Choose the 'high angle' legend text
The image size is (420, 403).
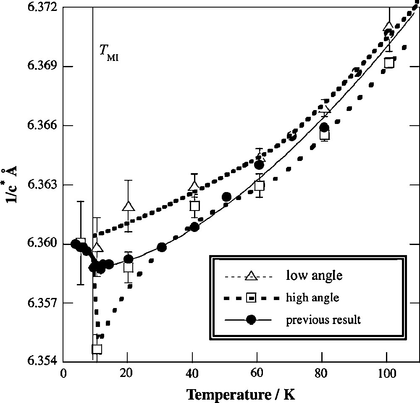(312, 298)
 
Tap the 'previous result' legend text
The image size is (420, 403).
(323, 320)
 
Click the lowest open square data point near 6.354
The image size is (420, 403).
(97, 349)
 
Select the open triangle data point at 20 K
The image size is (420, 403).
(128, 206)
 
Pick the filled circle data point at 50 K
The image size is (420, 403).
(226, 197)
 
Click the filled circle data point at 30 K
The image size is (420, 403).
(162, 247)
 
